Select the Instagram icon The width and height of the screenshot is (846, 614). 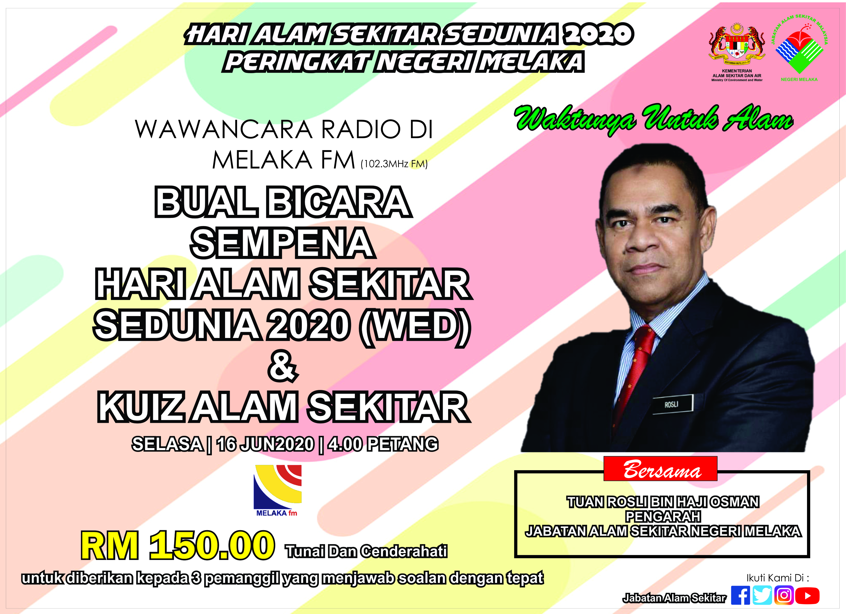click(784, 595)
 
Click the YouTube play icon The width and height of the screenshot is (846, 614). click(807, 596)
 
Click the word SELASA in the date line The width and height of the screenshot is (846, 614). click(167, 444)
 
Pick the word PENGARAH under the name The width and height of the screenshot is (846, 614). click(663, 517)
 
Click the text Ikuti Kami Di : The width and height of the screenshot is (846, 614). click(778, 578)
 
